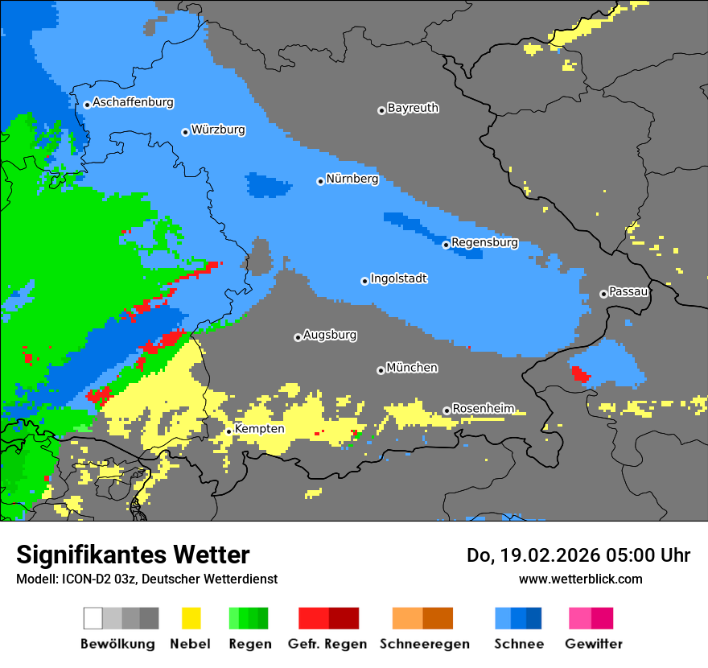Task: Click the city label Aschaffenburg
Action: click(133, 103)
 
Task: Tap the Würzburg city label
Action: click(218, 130)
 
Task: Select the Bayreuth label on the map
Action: click(413, 108)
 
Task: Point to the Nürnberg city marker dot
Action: click(320, 181)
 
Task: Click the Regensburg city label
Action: click(484, 242)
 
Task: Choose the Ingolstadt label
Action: click(398, 278)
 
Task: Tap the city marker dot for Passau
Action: click(603, 294)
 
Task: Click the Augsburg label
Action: click(330, 335)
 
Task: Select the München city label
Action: click(412, 368)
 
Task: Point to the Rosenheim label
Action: click(483, 409)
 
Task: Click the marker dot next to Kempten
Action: click(228, 431)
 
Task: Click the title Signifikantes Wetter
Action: click(133, 555)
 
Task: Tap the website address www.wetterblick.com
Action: click(580, 579)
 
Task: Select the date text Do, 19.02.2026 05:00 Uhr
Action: click(578, 555)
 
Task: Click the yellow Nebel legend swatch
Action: click(191, 618)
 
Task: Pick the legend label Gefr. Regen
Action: click(327, 644)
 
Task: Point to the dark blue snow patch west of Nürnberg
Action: click(268, 185)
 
